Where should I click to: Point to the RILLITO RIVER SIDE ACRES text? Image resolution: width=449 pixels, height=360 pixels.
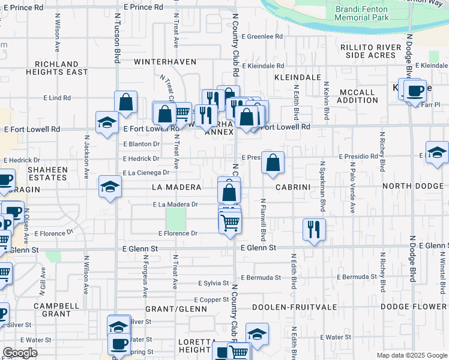pos(370,51)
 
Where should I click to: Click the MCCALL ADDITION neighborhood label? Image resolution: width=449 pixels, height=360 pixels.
pos(358,96)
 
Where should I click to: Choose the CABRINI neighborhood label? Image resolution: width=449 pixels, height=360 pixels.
pos(292,187)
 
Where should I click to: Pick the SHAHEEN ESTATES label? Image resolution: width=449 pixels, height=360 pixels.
pos(47,174)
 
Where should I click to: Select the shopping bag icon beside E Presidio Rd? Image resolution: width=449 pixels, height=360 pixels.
pos(273,163)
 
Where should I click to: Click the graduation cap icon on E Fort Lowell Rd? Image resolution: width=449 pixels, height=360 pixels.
pos(107,123)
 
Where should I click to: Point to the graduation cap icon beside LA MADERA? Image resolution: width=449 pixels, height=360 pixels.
pos(110,187)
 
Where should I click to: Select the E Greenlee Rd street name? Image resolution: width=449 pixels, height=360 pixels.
pos(262,37)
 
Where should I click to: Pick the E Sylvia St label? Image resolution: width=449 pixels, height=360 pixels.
pos(213,283)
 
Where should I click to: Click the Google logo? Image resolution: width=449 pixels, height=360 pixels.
pos(20,353)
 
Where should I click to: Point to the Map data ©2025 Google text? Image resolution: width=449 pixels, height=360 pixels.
pos(411,355)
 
